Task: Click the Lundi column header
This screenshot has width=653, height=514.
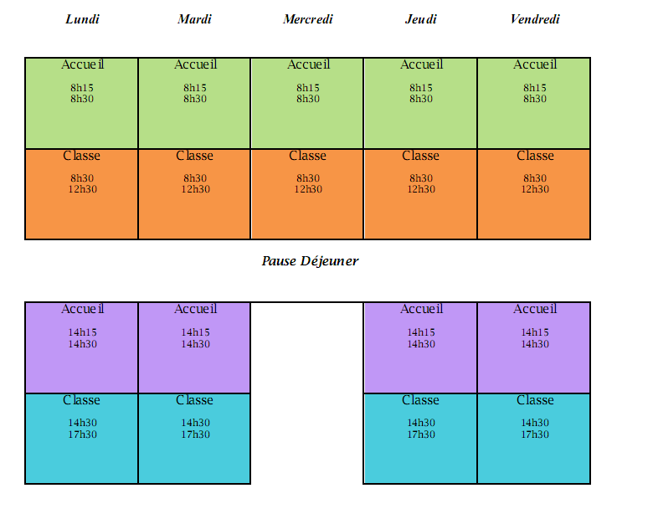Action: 82,19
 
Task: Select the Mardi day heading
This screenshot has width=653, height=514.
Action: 194,19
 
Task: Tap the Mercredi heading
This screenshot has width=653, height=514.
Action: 307,19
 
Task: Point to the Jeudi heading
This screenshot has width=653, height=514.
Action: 420,19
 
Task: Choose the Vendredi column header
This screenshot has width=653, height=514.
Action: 534,19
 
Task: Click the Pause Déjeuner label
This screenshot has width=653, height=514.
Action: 310,261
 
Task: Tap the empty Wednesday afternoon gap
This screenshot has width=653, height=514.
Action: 307,393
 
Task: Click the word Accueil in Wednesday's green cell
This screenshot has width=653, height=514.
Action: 308,64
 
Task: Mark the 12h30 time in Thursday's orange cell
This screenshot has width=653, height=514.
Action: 421,189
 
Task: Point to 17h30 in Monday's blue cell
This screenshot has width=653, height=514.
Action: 82,434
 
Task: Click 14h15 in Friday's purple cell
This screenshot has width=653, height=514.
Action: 535,332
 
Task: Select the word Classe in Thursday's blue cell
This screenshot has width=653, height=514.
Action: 420,400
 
